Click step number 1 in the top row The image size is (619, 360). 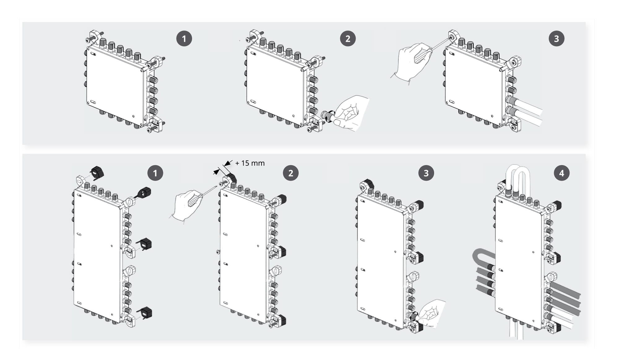184,39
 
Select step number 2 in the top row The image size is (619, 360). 348,39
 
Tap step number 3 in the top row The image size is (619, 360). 556,39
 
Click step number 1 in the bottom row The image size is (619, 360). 155,173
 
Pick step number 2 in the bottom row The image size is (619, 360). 291,173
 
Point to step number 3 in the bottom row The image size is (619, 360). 426,173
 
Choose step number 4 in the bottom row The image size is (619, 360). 561,173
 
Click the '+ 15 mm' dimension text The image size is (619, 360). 250,163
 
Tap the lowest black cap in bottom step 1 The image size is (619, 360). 145,312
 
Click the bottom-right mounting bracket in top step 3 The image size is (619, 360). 514,124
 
